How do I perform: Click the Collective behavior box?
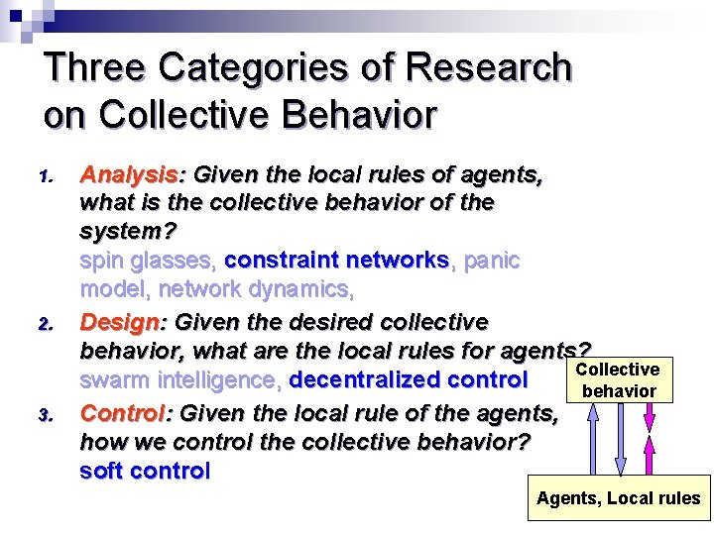(x=619, y=380)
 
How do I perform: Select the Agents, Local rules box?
(x=618, y=498)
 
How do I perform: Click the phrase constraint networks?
(x=337, y=261)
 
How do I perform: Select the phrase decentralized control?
(x=408, y=379)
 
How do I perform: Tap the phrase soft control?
(x=145, y=471)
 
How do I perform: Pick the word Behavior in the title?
(x=360, y=115)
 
